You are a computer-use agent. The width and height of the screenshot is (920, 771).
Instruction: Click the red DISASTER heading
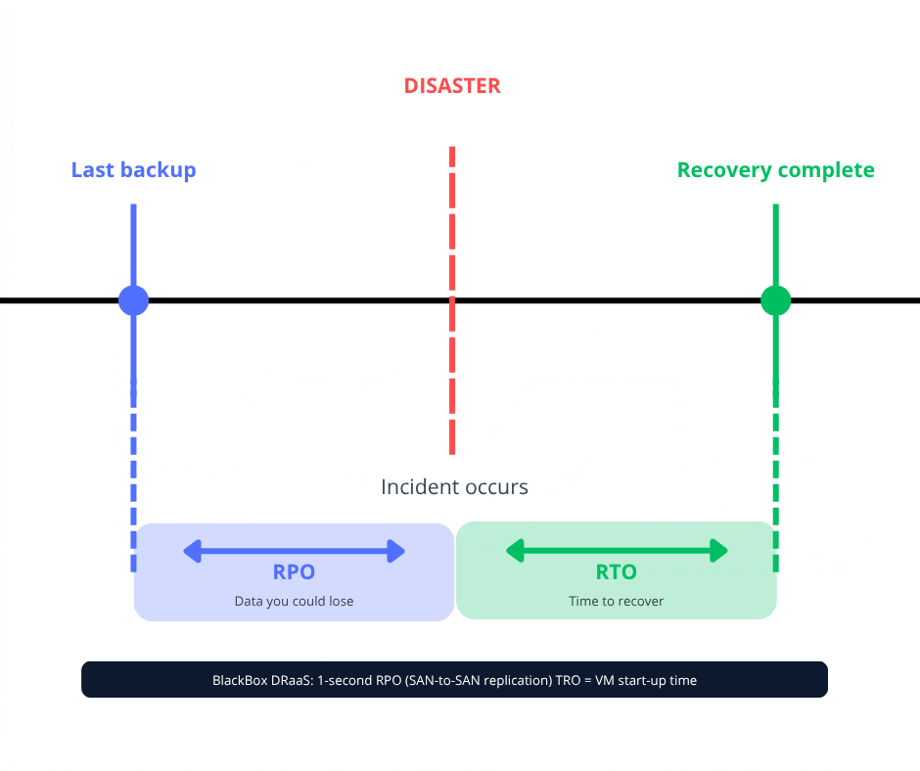[452, 86]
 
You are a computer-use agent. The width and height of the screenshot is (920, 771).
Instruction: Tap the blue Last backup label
[133, 170]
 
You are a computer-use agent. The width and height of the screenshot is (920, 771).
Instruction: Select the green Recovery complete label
[775, 170]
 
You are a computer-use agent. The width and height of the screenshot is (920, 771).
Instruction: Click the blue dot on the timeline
[133, 300]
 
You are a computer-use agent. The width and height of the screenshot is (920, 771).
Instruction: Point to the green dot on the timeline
[775, 300]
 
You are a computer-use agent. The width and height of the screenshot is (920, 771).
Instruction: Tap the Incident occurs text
[454, 486]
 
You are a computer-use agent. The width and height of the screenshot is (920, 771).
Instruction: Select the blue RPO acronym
[294, 572]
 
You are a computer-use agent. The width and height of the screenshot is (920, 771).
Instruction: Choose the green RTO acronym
[617, 572]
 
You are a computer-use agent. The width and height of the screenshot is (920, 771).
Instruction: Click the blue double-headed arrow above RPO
[294, 552]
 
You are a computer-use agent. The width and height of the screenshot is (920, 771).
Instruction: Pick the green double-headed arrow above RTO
[617, 552]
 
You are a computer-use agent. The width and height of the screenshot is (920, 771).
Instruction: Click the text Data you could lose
[294, 601]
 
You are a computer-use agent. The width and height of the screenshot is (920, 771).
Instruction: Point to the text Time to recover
[617, 601]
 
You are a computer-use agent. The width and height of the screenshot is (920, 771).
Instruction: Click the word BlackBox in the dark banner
[241, 680]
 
